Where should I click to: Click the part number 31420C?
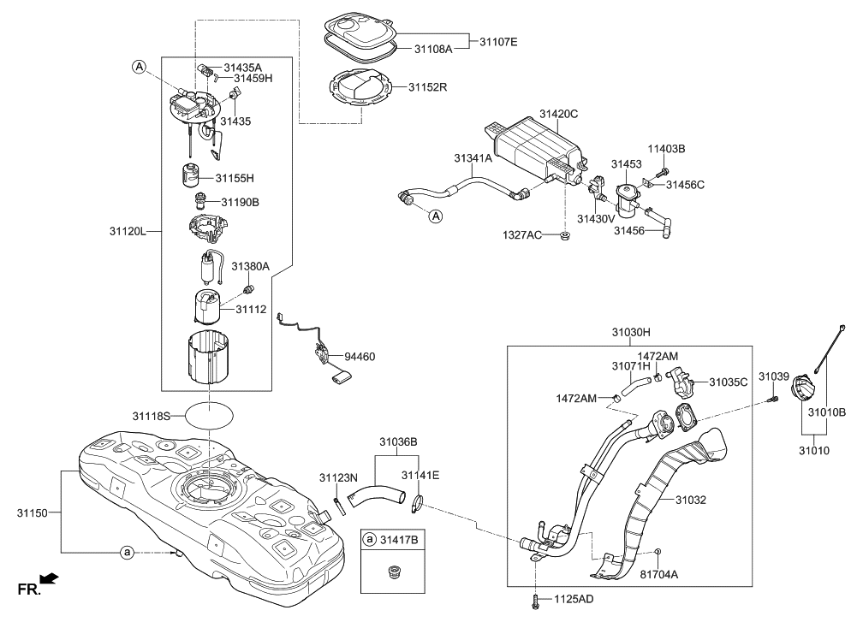click(558, 114)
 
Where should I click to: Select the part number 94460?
click(360, 355)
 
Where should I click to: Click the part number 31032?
click(690, 500)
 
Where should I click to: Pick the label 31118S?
click(152, 416)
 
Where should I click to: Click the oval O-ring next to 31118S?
click(209, 416)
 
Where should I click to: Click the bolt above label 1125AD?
click(535, 596)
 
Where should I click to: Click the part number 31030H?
click(631, 332)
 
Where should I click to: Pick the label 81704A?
click(660, 575)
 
